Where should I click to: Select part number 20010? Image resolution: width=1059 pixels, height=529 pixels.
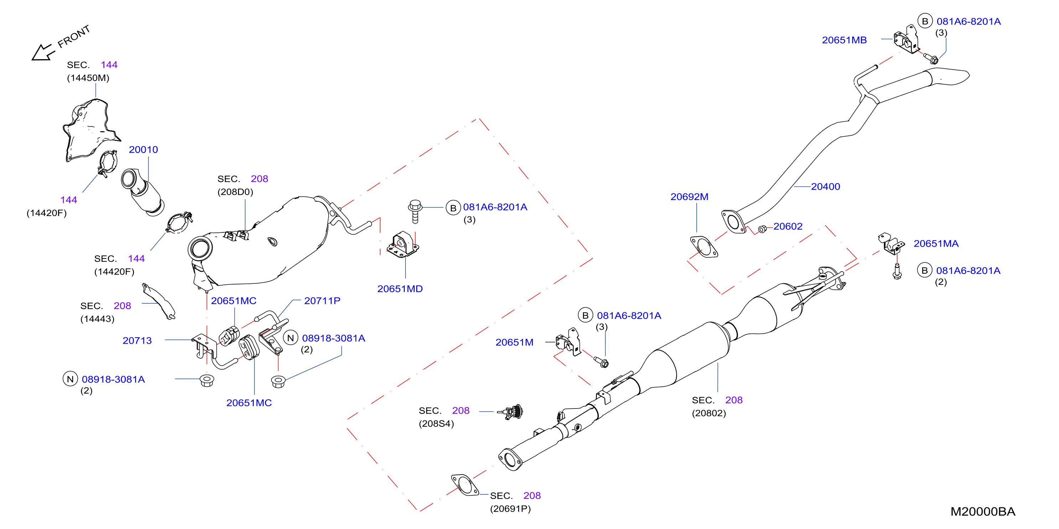click(x=144, y=150)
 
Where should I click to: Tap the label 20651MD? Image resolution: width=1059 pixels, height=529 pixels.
click(x=400, y=289)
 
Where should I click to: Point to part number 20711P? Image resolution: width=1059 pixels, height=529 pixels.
click(x=322, y=301)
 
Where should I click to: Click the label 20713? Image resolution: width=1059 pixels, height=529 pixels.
click(x=137, y=340)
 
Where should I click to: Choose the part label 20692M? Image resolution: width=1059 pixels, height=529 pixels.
click(x=689, y=197)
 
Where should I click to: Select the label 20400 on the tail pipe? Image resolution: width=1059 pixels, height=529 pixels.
click(x=826, y=187)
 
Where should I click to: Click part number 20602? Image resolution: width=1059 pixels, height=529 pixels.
click(x=788, y=226)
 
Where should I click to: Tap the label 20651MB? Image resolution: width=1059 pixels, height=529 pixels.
click(x=844, y=40)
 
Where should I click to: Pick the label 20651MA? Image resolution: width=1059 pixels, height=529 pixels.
click(x=936, y=243)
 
